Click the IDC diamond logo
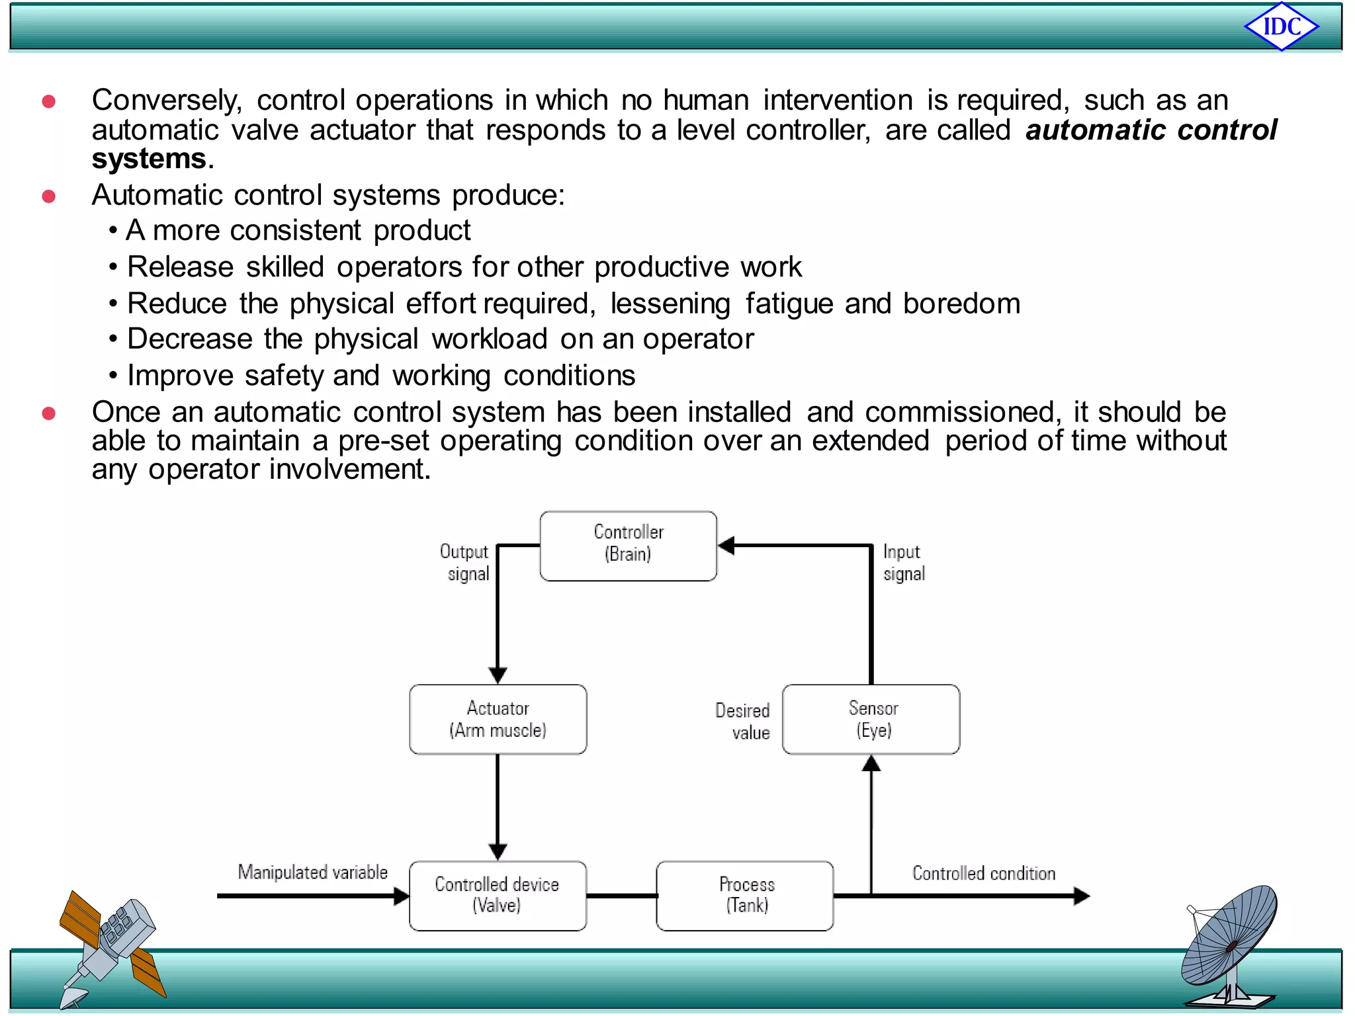click(x=1282, y=26)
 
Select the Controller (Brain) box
click(x=628, y=546)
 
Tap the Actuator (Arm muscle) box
click(x=498, y=719)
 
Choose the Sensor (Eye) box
click(x=871, y=719)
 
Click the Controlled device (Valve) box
click(x=498, y=895)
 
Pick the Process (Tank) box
click(x=745, y=895)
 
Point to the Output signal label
click(x=466, y=562)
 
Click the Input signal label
click(x=903, y=562)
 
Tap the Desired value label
click(x=744, y=721)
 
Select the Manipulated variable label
click(x=312, y=872)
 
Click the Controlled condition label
click(x=983, y=873)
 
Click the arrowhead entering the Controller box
click(x=726, y=546)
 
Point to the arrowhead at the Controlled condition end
click(x=1081, y=896)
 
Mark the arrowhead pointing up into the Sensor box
click(x=871, y=764)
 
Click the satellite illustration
click(x=111, y=946)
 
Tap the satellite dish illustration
click(x=1231, y=946)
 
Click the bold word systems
click(x=149, y=159)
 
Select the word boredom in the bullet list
click(x=961, y=304)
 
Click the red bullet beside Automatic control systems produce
click(x=48, y=196)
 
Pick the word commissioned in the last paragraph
click(x=959, y=412)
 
